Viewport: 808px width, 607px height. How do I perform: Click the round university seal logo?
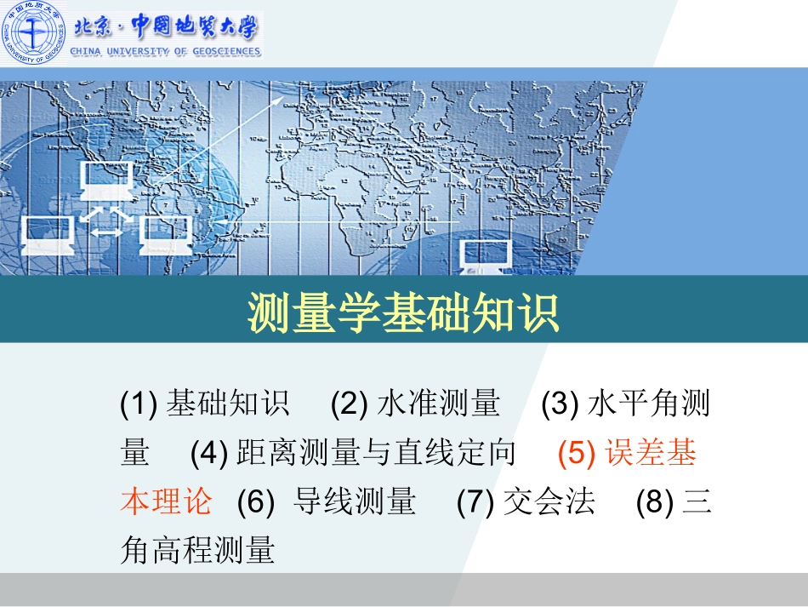[33, 33]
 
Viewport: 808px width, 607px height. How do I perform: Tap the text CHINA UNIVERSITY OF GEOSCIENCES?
[166, 52]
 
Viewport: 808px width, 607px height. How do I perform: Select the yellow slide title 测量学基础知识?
[404, 313]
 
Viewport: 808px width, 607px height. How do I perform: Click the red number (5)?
[577, 453]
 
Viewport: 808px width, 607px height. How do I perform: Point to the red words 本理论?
[166, 501]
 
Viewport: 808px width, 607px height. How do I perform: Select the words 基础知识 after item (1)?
[227, 404]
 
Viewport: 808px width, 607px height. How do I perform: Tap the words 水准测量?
[438, 404]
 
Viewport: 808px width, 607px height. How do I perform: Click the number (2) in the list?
[349, 404]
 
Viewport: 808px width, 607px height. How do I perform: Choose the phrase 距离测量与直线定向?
[377, 453]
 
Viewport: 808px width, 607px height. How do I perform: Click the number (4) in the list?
[208, 453]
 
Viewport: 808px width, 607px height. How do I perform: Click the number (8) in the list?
[655, 501]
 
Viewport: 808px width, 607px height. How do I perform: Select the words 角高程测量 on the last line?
[197, 550]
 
